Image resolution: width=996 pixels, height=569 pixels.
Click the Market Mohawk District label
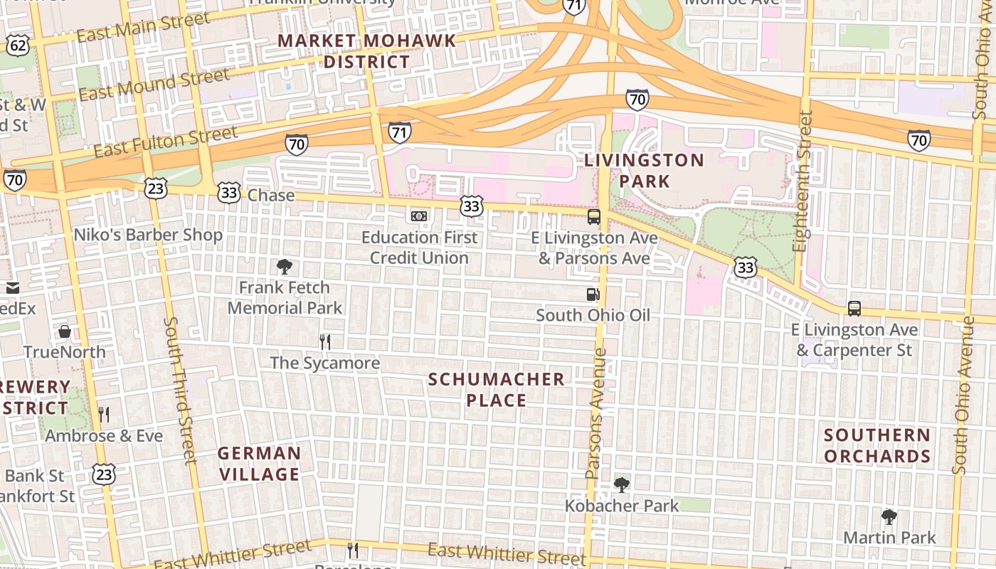(366, 51)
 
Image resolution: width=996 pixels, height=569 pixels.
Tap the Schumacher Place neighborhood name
(497, 390)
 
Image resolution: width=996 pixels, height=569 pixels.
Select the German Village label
(259, 464)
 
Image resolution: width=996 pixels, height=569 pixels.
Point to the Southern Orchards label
(877, 445)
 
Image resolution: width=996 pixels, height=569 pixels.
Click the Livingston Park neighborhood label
(644, 171)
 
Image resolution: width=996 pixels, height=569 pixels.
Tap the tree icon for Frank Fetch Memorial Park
(285, 267)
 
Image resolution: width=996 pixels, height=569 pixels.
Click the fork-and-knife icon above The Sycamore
(325, 342)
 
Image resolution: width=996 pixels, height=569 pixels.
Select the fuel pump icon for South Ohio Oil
(593, 294)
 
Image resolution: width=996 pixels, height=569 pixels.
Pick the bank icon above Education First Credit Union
(419, 216)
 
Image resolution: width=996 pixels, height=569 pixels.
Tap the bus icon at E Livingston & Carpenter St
(854, 309)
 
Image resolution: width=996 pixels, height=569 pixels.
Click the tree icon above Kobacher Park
(622, 485)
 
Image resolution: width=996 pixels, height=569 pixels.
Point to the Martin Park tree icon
(889, 516)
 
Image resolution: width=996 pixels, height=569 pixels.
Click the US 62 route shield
(18, 46)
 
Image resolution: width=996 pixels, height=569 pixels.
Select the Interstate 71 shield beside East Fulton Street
(400, 132)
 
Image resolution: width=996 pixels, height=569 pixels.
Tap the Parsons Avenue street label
(596, 413)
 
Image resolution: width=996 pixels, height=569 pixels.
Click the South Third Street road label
(180, 391)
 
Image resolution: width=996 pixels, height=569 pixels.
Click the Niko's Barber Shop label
(148, 235)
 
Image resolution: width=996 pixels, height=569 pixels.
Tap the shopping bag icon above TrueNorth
(65, 331)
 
